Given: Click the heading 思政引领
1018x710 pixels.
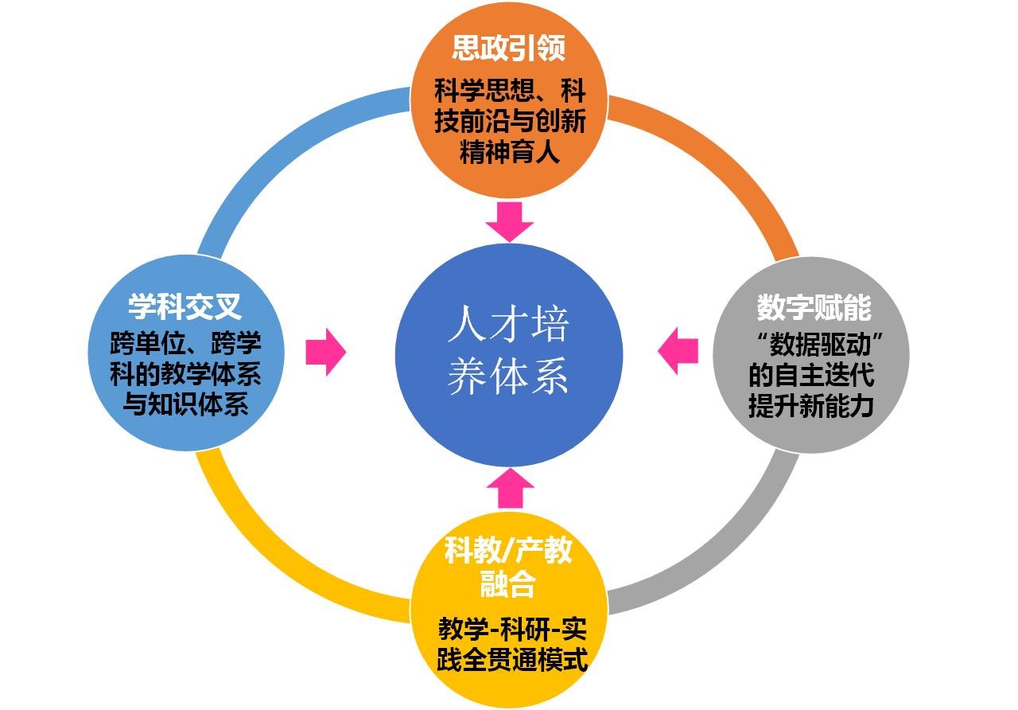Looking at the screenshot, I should pyautogui.click(x=509, y=49).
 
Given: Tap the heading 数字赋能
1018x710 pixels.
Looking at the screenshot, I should pyautogui.click(x=814, y=306).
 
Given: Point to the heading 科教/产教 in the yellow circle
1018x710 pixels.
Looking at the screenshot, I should pyautogui.click(x=508, y=550).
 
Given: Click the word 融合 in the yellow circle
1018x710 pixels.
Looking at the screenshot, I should pyautogui.click(x=508, y=585).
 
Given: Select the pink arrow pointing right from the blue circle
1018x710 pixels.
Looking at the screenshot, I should pyautogui.click(x=326, y=351).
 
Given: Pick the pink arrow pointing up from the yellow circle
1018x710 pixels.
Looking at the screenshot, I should pyautogui.click(x=510, y=487).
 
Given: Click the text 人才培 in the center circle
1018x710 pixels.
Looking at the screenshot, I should pyautogui.click(x=508, y=325).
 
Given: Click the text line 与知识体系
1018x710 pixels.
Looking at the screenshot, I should pyautogui.click(x=185, y=404).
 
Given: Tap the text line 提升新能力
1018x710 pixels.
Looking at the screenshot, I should pyautogui.click(x=811, y=406).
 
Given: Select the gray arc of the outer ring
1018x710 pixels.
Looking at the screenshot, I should pyautogui.click(x=732, y=549).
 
